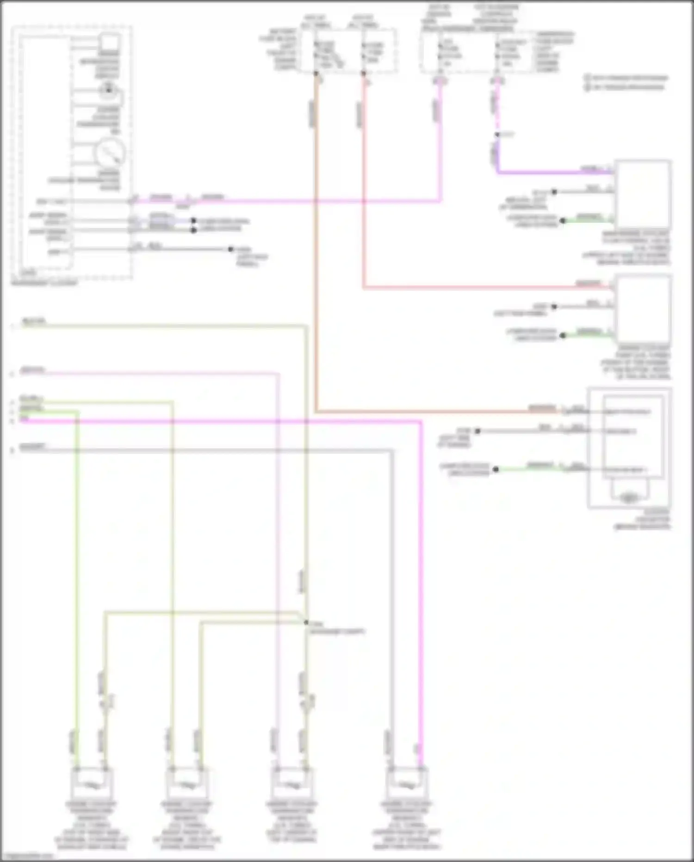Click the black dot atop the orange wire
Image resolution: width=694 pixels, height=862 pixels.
click(x=316, y=73)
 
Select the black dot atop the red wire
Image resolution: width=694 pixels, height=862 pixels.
click(x=364, y=73)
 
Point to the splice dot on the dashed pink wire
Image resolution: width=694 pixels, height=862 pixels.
click(x=497, y=135)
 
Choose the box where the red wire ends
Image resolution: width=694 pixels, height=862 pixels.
click(x=643, y=308)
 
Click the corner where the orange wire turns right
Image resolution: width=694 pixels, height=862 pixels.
click(x=316, y=411)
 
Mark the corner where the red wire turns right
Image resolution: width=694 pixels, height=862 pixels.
click(x=364, y=288)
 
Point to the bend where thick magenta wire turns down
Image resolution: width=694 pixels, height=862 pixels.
click(x=421, y=422)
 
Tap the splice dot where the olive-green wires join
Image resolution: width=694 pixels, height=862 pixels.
click(x=306, y=622)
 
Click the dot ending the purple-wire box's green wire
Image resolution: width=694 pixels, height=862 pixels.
click(x=563, y=220)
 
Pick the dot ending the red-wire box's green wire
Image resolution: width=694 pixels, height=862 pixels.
click(x=563, y=335)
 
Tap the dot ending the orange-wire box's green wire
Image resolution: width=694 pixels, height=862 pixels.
click(x=496, y=469)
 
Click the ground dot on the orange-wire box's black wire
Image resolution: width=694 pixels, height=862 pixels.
click(x=477, y=431)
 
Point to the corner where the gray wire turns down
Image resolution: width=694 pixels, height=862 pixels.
click(x=392, y=450)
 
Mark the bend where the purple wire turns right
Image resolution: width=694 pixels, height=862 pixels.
click(x=498, y=173)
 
